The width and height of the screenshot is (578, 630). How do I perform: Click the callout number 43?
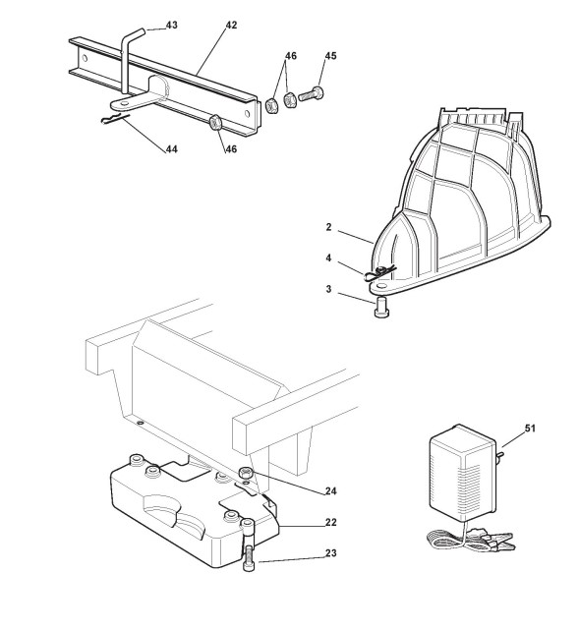(172, 25)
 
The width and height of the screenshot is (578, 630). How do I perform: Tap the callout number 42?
(231, 25)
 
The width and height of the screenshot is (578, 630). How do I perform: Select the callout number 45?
(330, 56)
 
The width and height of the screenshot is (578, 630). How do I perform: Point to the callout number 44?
(172, 149)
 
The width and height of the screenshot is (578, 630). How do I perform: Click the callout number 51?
(530, 429)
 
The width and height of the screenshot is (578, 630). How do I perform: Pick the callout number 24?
(331, 491)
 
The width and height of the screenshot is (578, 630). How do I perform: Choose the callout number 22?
(331, 522)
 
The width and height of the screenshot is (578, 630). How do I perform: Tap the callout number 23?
(331, 553)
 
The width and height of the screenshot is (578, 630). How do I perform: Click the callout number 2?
(328, 227)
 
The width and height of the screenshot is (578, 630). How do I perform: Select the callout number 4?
(328, 258)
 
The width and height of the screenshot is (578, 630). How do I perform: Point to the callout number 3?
(328, 289)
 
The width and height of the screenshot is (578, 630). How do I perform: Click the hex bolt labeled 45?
(312, 94)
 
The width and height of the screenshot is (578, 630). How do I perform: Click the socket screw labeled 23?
(248, 545)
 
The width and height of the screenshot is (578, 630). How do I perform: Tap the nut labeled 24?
(246, 473)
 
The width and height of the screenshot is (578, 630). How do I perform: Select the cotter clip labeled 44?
(115, 118)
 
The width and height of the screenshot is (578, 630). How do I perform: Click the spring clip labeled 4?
(379, 273)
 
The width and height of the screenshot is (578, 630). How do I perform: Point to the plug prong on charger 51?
(499, 456)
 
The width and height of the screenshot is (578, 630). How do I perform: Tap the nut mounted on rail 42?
(216, 122)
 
